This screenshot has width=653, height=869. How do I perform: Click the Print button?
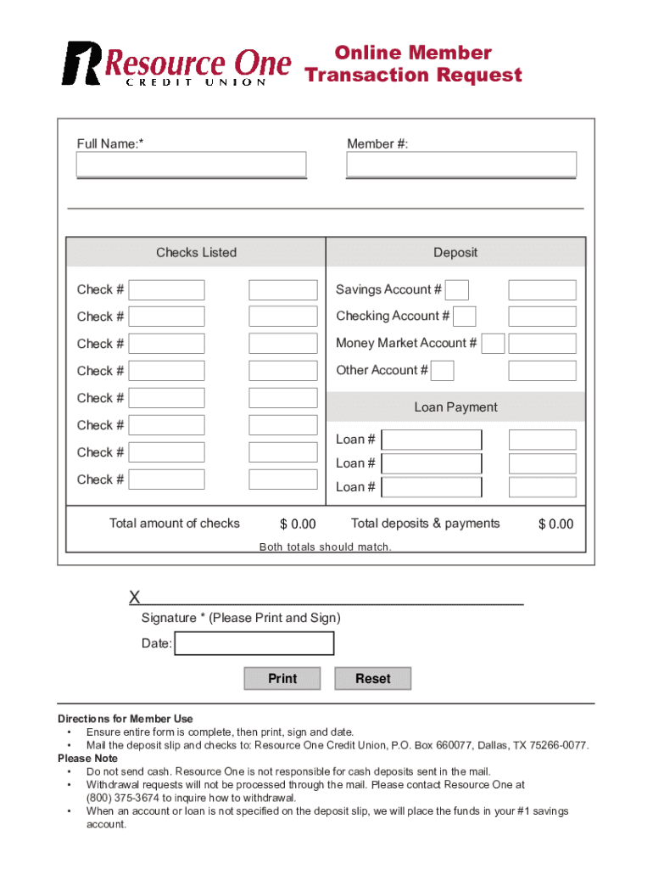pyautogui.click(x=282, y=678)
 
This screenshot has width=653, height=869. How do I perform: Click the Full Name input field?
pyautogui.click(x=191, y=165)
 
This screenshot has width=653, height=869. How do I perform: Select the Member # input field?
pyautogui.click(x=461, y=165)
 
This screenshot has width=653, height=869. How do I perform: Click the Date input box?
pyautogui.click(x=254, y=644)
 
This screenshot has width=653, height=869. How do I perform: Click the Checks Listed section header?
pyautogui.click(x=196, y=252)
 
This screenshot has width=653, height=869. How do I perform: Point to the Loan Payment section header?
pyautogui.click(x=455, y=407)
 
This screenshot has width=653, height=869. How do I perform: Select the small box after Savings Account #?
pyautogui.click(x=457, y=290)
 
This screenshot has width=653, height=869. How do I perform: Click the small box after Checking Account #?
pyautogui.click(x=465, y=317)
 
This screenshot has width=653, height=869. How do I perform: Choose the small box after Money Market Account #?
pyautogui.click(x=493, y=344)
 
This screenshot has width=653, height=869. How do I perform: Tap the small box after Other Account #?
pyautogui.click(x=443, y=371)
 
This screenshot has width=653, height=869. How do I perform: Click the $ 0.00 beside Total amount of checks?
pyautogui.click(x=298, y=524)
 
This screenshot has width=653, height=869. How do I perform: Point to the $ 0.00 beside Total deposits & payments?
pyautogui.click(x=555, y=524)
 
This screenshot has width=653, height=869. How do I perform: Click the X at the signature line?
pyautogui.click(x=135, y=598)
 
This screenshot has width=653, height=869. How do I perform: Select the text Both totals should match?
pyautogui.click(x=325, y=547)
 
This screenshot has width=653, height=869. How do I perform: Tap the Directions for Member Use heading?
pyautogui.click(x=125, y=719)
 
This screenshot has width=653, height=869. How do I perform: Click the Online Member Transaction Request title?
pyautogui.click(x=413, y=64)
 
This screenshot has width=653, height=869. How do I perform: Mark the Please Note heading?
pyautogui.click(x=87, y=758)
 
